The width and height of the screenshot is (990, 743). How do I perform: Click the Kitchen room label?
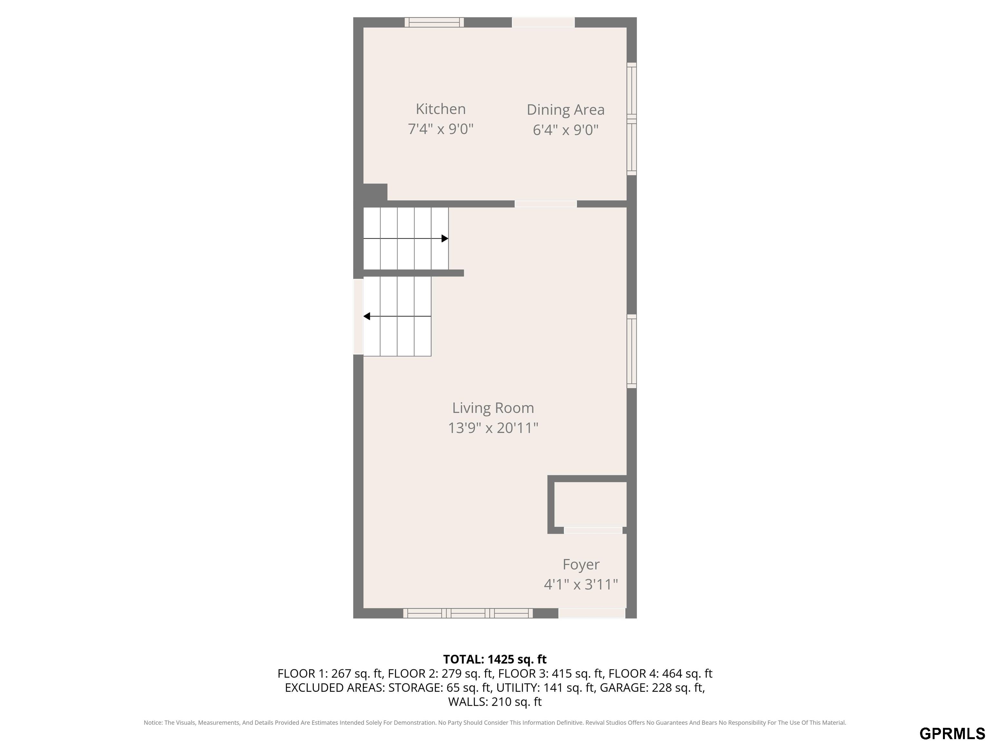point(441,109)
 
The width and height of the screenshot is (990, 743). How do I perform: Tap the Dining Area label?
point(565,110)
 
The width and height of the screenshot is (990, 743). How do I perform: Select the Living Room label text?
point(493,408)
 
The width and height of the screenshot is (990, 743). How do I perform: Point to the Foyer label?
point(581,565)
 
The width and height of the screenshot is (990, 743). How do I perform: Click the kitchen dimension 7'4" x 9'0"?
point(441,129)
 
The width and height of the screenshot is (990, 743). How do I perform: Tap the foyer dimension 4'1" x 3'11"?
point(581,584)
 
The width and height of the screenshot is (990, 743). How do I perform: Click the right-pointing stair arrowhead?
point(445,239)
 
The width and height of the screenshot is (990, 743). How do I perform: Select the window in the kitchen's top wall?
point(434,22)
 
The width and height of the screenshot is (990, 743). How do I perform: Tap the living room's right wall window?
point(632,351)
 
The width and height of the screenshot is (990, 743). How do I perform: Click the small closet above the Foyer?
point(590,504)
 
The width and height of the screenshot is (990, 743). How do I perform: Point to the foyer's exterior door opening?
point(592,613)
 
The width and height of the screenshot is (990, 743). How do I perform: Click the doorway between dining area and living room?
point(546,204)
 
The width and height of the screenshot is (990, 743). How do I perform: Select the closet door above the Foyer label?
point(593,530)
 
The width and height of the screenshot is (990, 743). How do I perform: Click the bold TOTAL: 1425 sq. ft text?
point(495,659)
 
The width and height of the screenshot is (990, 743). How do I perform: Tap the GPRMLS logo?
point(952,734)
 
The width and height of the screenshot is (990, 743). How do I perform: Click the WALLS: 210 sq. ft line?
point(495,702)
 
